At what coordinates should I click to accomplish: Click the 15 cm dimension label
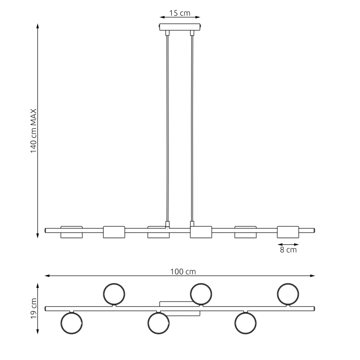[180, 13]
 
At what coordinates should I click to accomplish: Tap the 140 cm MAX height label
[34, 131]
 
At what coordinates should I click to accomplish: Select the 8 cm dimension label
[288, 250]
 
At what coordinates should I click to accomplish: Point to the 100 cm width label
[183, 272]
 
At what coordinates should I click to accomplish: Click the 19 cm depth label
[34, 308]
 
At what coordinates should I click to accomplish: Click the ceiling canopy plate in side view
[180, 27]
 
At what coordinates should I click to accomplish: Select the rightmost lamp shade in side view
[288, 232]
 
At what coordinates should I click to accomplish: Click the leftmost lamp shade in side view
[71, 232]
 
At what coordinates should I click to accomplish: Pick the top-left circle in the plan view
[114, 294]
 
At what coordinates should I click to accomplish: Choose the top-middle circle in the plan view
[201, 294]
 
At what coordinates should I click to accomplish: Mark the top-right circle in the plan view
[288, 294]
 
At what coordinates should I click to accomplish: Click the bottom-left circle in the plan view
[71, 323]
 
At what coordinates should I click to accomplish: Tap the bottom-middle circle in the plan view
[158, 323]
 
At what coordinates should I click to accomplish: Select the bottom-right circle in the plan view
[246, 323]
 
